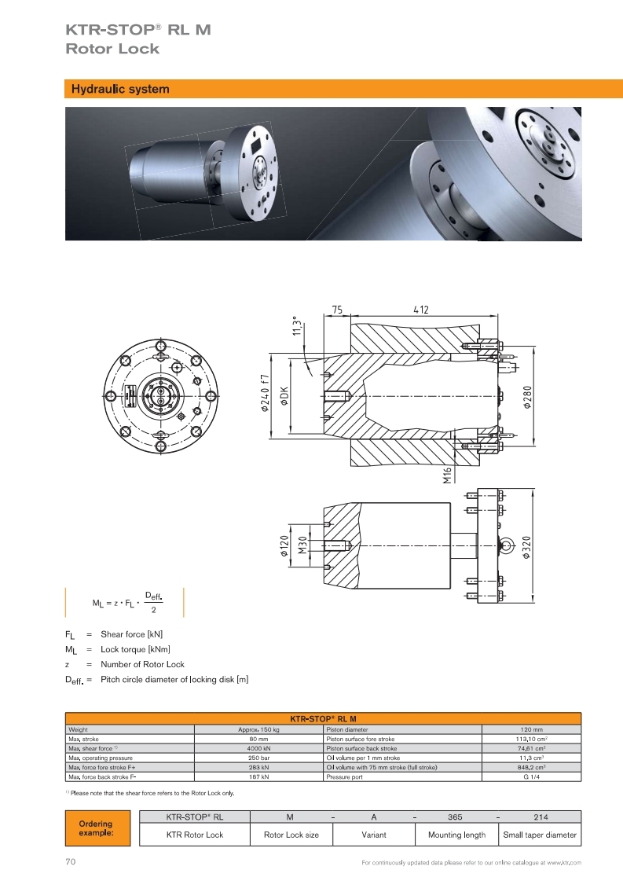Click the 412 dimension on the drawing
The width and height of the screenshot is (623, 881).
[x=421, y=310]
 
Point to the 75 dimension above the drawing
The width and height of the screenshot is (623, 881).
[x=337, y=310]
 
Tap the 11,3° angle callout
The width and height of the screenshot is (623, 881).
[x=297, y=326]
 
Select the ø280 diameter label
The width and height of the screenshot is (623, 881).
[x=527, y=397]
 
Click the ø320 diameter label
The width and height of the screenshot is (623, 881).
[x=526, y=547]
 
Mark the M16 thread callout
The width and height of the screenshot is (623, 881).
[x=447, y=475]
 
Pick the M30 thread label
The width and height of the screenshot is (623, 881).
[x=302, y=545]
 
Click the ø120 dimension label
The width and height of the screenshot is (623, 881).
[x=284, y=545]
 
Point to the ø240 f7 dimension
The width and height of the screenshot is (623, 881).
[x=266, y=393]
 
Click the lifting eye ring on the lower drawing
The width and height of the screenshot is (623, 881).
[x=506, y=545]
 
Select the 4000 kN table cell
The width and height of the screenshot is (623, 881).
[x=258, y=748]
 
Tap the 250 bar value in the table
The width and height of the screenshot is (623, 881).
[x=258, y=758]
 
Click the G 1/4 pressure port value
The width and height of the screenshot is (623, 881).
[x=531, y=777]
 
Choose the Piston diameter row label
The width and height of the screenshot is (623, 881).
[x=347, y=730]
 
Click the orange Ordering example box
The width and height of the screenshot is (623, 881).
[x=97, y=828]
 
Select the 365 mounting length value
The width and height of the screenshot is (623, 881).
[x=455, y=817]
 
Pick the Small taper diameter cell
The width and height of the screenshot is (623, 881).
[x=539, y=835]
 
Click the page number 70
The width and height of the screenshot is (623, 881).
[x=70, y=862]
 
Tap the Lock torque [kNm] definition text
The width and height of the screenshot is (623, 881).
[x=135, y=649]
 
